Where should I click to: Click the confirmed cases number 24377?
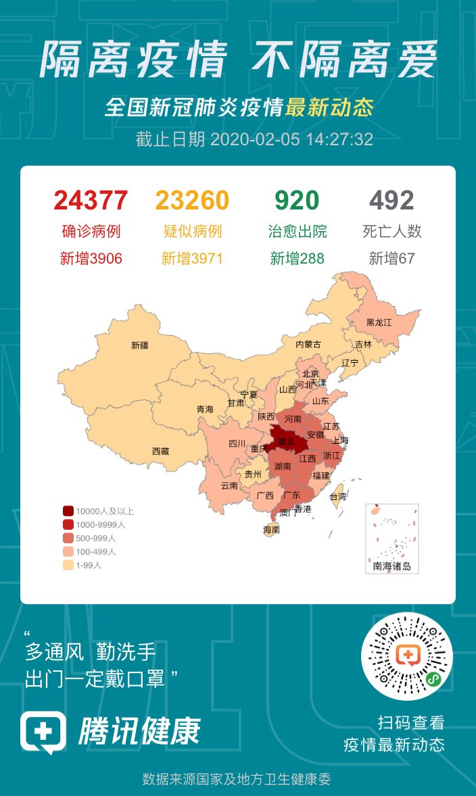pos(91,201)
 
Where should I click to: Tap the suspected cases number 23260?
pos(192,201)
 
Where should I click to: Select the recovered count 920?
pos(297,201)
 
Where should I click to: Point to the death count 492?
pos(391,201)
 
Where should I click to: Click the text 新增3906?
pos(91,258)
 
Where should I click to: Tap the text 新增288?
pos(297,258)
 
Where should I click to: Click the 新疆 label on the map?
pos(140,345)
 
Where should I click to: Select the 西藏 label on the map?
pos(160,451)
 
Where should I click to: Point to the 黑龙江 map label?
pos(379,322)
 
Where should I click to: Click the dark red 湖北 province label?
pos(285,442)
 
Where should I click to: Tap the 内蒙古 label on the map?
pos(308,344)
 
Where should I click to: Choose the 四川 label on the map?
pos(237,444)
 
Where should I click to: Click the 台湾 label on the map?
pos(337,496)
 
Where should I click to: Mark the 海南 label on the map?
pos(271,530)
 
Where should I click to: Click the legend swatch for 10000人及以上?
pos(68,511)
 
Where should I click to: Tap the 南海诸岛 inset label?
pos(392,566)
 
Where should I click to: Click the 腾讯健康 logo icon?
pos(43,732)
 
